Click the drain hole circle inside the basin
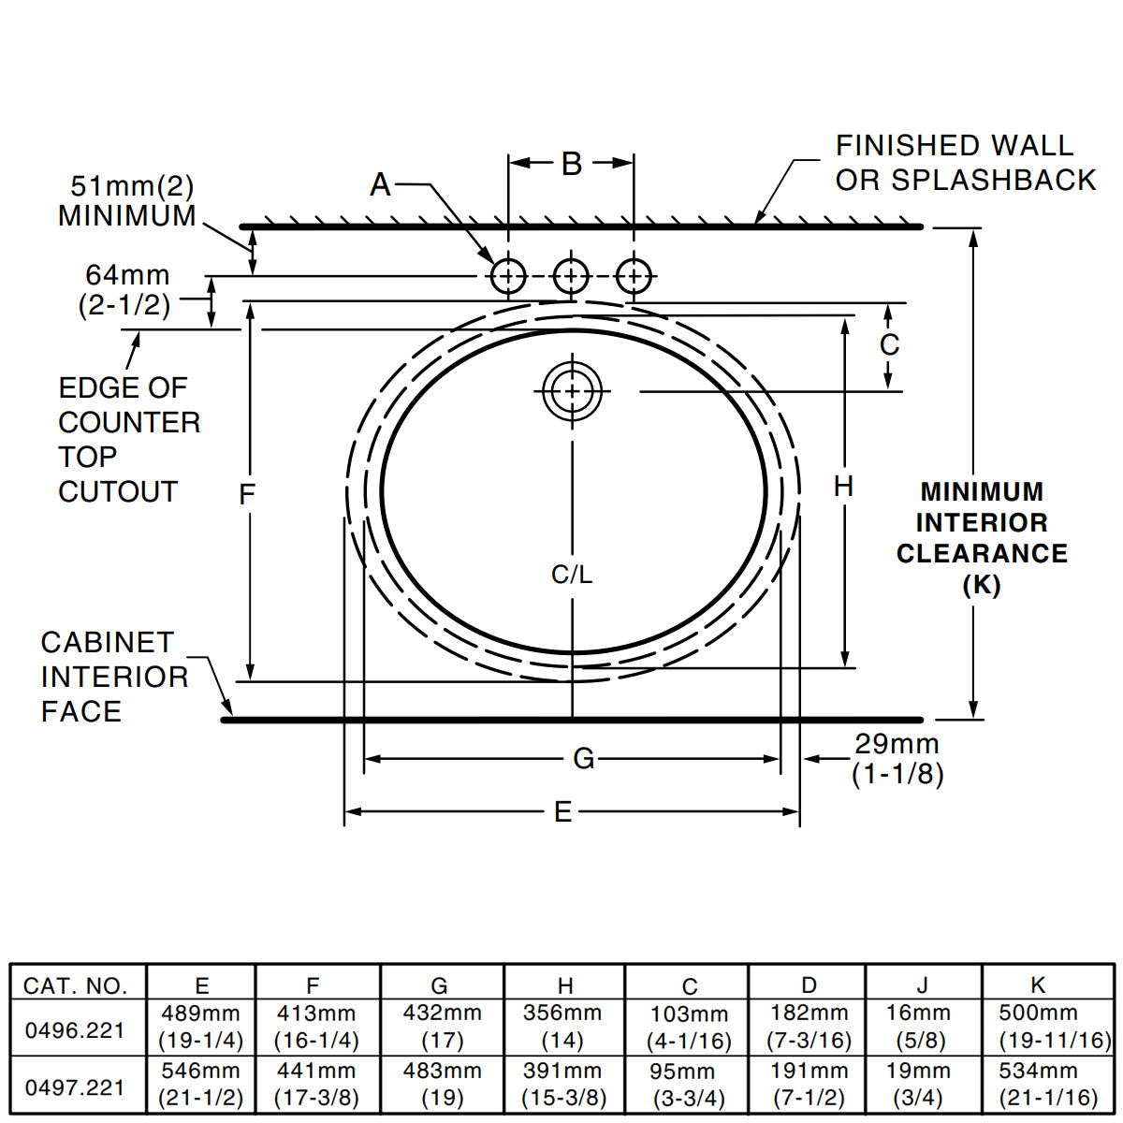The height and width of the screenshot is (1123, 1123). tap(571, 391)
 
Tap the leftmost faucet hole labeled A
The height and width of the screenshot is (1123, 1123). tap(508, 276)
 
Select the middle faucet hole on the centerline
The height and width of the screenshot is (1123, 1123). tap(571, 276)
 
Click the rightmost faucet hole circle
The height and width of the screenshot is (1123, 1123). tap(634, 276)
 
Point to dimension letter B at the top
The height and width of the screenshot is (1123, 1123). tap(572, 164)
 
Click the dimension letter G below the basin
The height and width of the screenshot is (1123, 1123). tap(583, 759)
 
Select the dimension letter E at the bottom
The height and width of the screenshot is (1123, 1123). tap(562, 812)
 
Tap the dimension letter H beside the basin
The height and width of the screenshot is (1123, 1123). tap(843, 487)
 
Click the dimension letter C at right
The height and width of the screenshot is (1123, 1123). tap(889, 345)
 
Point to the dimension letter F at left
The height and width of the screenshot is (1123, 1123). tap(247, 494)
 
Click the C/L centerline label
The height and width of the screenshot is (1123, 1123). tap(571, 575)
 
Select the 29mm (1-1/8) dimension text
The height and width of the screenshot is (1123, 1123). tap(897, 759)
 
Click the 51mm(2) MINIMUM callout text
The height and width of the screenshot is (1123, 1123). tap(127, 201)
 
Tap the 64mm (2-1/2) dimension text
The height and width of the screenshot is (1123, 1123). tap(127, 290)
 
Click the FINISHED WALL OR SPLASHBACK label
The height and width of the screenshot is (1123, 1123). tap(965, 163)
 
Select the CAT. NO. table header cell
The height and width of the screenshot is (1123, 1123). tap(75, 985)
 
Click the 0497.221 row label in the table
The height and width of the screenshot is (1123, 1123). tap(75, 1087)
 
